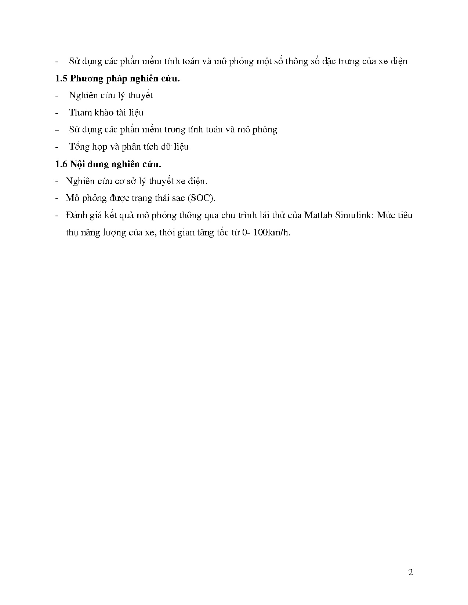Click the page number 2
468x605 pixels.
coord(410,572)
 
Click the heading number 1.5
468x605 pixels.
coord(61,78)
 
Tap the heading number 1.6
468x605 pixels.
coord(61,164)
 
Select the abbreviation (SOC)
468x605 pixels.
coord(201,198)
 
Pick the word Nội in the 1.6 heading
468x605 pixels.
coord(77,164)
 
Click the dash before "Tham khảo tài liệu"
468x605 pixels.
coord(57,113)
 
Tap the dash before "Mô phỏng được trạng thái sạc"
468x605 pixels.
coord(57,198)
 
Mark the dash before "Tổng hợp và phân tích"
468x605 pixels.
coord(57,147)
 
